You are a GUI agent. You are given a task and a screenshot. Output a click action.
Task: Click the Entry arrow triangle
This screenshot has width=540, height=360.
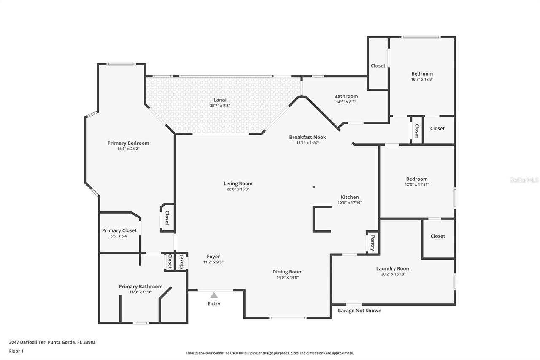(214, 295)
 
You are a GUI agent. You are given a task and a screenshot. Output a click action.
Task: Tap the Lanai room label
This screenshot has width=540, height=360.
(220, 100)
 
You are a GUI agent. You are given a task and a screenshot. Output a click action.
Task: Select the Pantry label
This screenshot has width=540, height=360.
(372, 243)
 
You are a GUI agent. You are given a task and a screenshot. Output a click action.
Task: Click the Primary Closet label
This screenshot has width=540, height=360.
(119, 230)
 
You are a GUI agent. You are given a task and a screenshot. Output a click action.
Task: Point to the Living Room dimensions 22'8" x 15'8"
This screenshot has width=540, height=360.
(238, 189)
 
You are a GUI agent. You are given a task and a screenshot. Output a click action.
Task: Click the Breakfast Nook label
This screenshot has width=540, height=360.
(307, 137)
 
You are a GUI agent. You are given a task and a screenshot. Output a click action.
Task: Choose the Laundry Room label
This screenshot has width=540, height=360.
(393, 268)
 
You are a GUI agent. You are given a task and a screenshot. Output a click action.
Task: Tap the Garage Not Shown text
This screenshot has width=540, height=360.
(359, 311)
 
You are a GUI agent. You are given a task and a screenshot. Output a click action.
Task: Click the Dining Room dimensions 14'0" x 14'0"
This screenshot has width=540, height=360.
(287, 277)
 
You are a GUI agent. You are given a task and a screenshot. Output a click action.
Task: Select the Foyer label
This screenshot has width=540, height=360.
(213, 257)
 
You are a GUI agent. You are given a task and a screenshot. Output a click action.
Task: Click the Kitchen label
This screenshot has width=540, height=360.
(350, 197)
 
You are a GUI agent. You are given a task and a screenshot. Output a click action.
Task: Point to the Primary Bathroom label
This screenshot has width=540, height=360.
(140, 287)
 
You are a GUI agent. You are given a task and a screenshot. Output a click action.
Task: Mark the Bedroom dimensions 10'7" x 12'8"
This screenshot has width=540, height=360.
(422, 79)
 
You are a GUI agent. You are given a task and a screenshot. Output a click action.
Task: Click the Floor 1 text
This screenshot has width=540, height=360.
(16, 351)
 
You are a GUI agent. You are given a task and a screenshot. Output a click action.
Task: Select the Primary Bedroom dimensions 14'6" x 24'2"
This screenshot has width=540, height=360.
(128, 149)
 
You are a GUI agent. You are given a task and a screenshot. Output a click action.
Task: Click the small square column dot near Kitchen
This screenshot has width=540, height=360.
(313, 187)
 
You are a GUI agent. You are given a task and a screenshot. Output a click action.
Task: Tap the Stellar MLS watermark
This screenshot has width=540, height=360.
(524, 180)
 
